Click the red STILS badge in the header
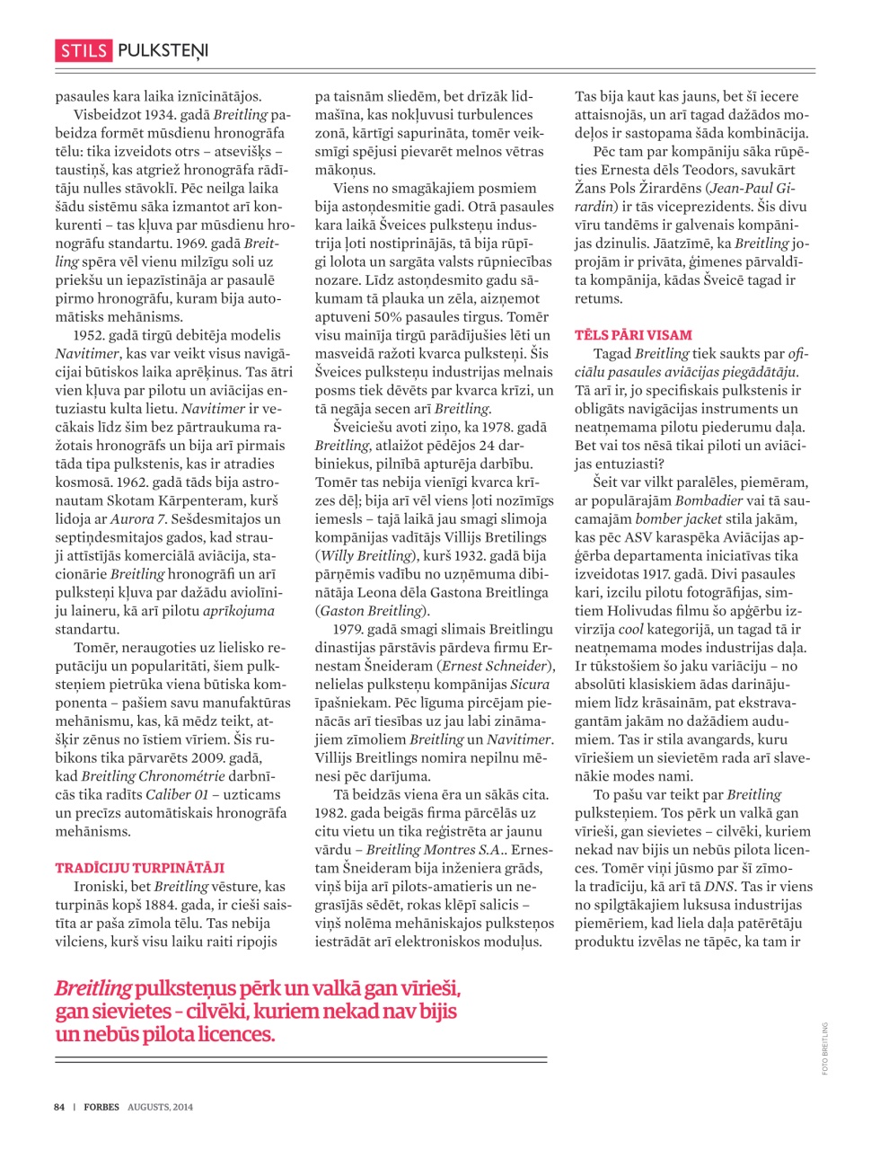[84, 51]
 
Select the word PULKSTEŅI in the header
[163, 51]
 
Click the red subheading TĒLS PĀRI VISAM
[633, 335]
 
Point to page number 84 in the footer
[59, 1107]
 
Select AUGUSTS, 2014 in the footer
[160, 1107]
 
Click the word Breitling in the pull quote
[92, 989]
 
